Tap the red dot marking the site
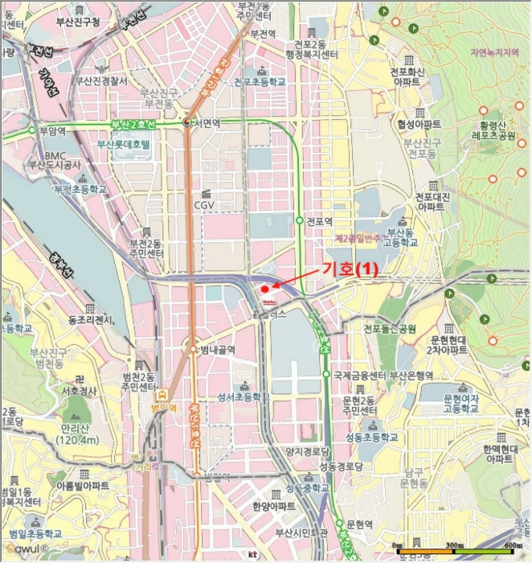[x=265, y=289]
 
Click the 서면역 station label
[x=209, y=123]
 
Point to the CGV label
[x=204, y=205]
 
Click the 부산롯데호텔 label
[x=129, y=145]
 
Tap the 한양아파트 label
[x=273, y=507]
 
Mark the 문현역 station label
[x=358, y=524]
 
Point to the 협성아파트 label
[x=419, y=125]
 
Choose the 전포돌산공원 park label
[x=389, y=329]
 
